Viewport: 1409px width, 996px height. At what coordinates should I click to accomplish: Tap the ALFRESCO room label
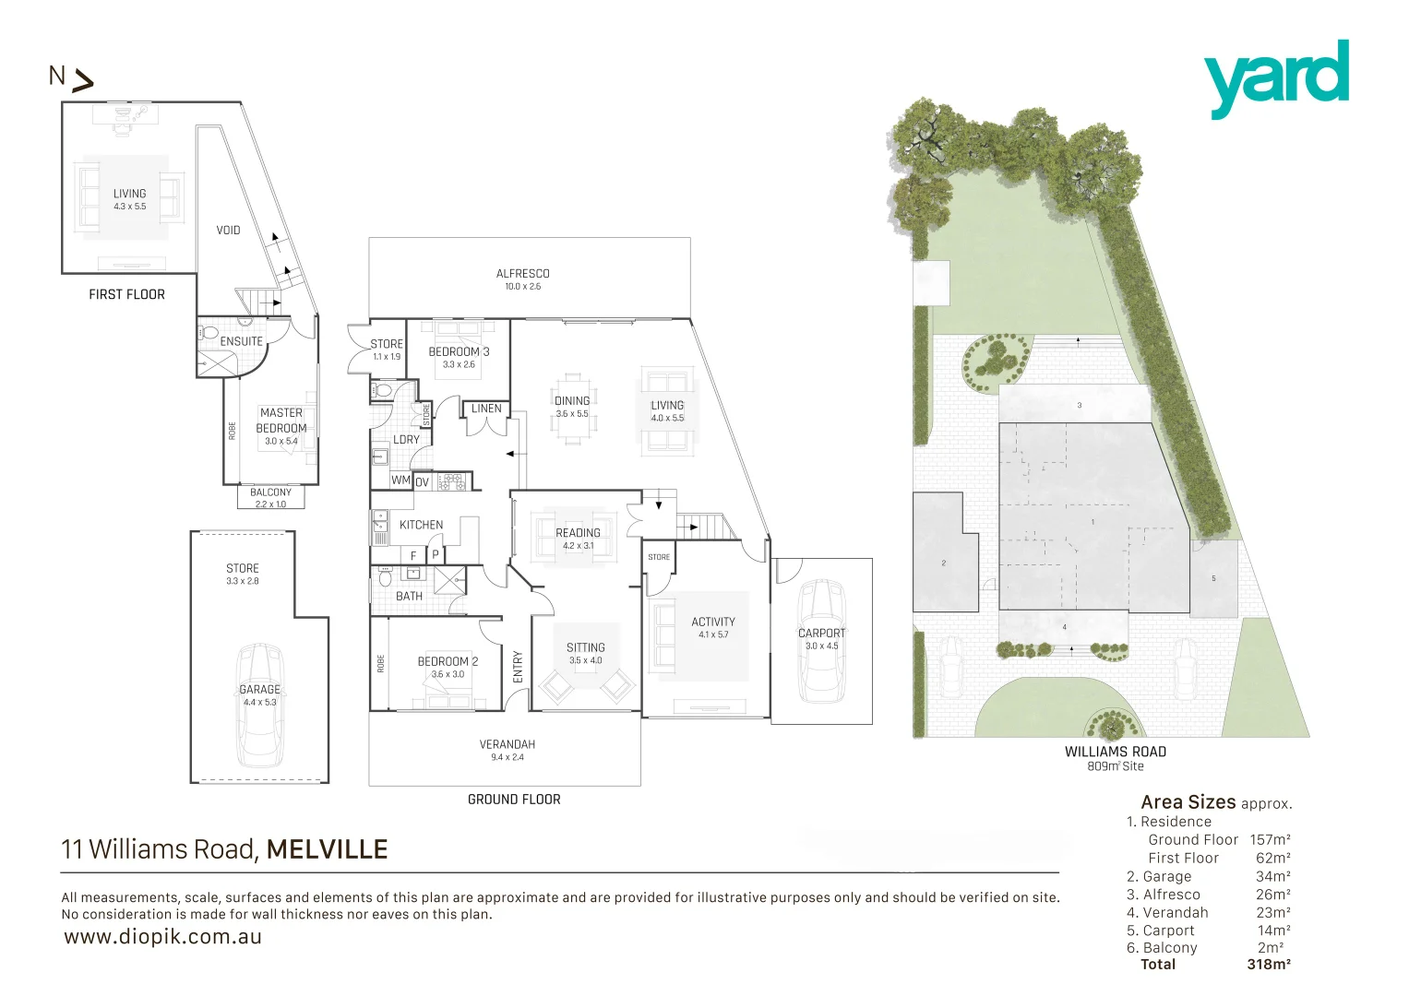(x=522, y=274)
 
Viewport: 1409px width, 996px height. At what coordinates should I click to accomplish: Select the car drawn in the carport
(x=821, y=641)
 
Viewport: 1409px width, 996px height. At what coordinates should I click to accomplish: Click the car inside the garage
(x=259, y=705)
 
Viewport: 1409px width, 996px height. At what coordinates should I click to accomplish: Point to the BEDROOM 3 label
(x=459, y=351)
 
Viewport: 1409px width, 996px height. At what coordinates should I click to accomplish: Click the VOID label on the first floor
(x=228, y=230)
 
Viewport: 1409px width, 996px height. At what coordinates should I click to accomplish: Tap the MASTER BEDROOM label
(x=281, y=421)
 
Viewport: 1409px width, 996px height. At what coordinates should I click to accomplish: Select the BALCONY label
(x=270, y=492)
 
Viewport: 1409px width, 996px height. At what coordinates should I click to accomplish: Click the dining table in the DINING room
(x=572, y=409)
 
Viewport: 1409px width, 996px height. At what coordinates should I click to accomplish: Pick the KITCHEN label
(x=421, y=525)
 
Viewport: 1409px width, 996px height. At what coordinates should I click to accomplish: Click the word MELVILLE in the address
(x=327, y=849)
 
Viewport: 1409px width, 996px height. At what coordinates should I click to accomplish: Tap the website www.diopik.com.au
(x=163, y=937)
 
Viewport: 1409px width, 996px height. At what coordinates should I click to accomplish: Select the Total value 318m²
(x=1268, y=965)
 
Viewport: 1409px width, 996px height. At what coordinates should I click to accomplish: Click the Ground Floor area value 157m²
(x=1270, y=840)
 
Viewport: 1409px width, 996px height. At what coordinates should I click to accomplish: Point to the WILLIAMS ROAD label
(x=1115, y=752)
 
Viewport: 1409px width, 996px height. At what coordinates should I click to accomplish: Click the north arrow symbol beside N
(x=83, y=82)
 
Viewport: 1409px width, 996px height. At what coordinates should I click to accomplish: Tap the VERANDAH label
(x=507, y=744)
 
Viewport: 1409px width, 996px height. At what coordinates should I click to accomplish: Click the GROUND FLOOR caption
(x=514, y=800)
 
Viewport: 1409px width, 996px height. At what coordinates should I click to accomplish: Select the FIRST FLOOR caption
(x=126, y=294)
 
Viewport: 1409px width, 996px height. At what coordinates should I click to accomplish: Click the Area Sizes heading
(x=1188, y=802)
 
